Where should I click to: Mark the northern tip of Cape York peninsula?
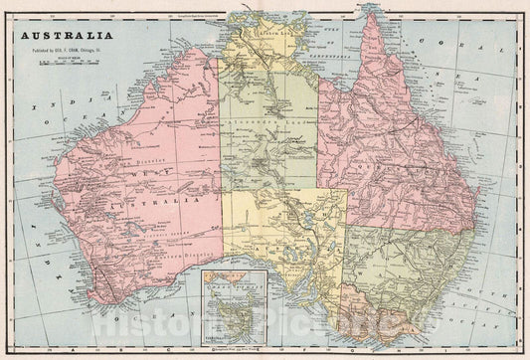pos(371,17)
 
